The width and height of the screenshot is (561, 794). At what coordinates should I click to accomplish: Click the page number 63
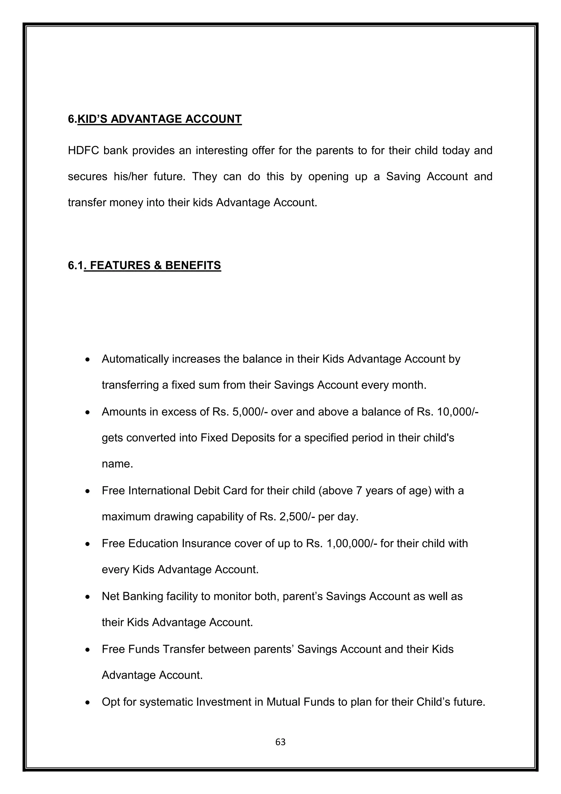click(x=280, y=742)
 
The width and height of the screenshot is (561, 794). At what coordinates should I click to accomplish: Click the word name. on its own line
click(x=118, y=464)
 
